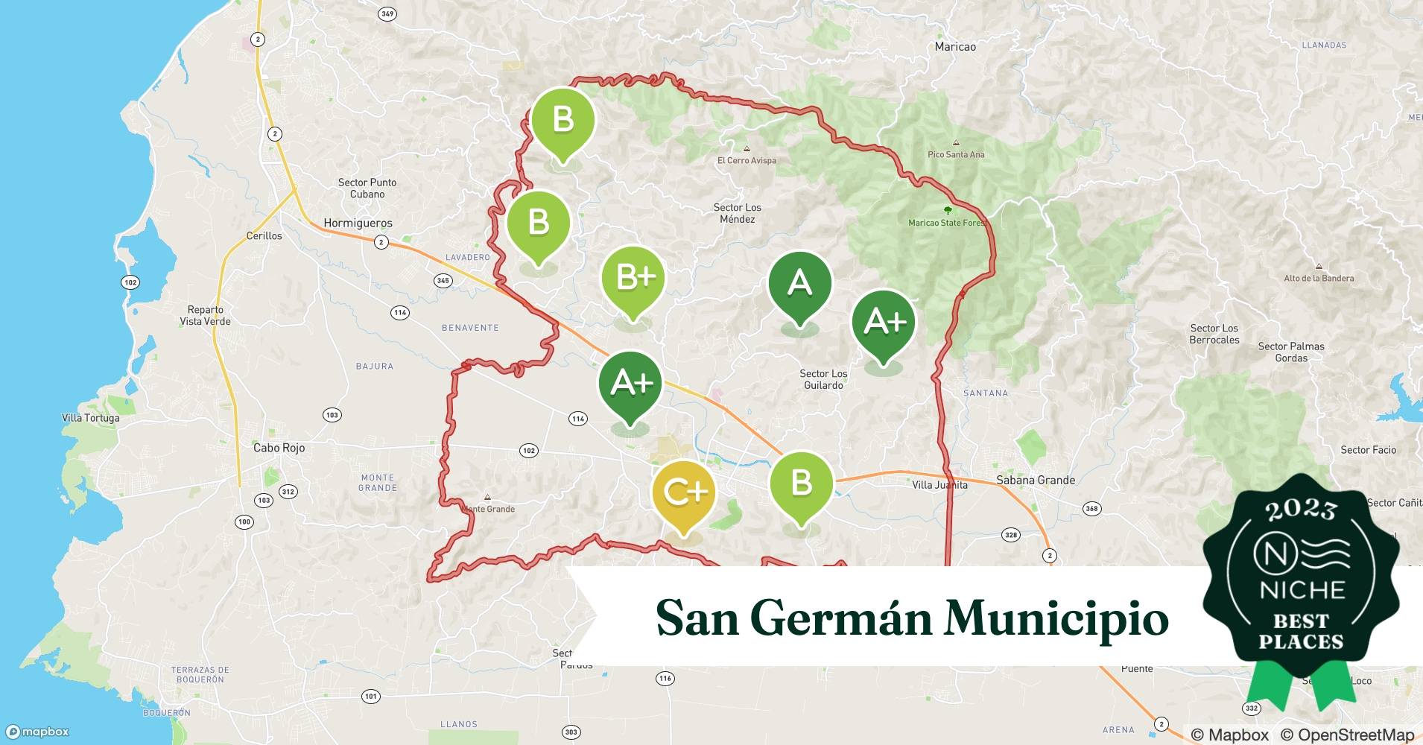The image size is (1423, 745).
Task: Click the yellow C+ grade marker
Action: [683, 493]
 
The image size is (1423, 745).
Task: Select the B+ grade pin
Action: [633, 278]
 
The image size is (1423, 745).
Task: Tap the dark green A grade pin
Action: [799, 283]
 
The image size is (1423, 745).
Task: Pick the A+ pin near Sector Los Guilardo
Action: [884, 322]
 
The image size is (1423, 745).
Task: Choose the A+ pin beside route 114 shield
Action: [630, 383]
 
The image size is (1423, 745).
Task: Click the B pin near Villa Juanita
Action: [801, 484]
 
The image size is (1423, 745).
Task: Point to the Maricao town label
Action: [955, 46]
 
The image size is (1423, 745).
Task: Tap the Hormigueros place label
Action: [358, 223]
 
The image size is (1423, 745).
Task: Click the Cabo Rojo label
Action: [279, 448]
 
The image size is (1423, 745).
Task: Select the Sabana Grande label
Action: [1036, 481]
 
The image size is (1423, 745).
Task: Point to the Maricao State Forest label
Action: [947, 223]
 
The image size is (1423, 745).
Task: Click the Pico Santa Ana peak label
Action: [956, 154]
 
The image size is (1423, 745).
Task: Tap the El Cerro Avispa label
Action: [747, 160]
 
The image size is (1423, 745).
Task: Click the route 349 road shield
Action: [387, 13]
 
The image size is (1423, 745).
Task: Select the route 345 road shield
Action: [443, 281]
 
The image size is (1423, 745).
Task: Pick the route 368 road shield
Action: [1091, 509]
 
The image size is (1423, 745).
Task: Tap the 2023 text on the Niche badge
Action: [1301, 510]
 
